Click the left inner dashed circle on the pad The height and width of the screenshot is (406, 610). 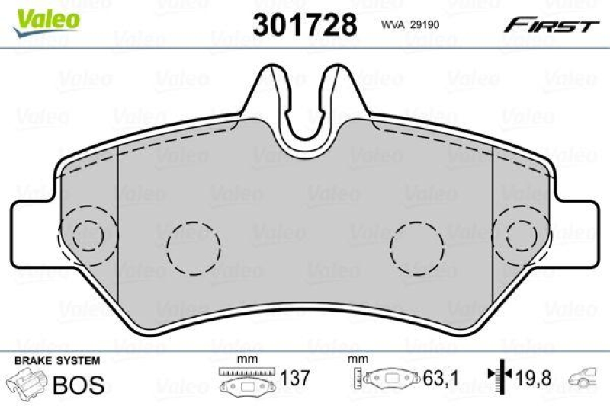coord(193,248)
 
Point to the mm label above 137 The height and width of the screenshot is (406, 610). coord(245,360)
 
